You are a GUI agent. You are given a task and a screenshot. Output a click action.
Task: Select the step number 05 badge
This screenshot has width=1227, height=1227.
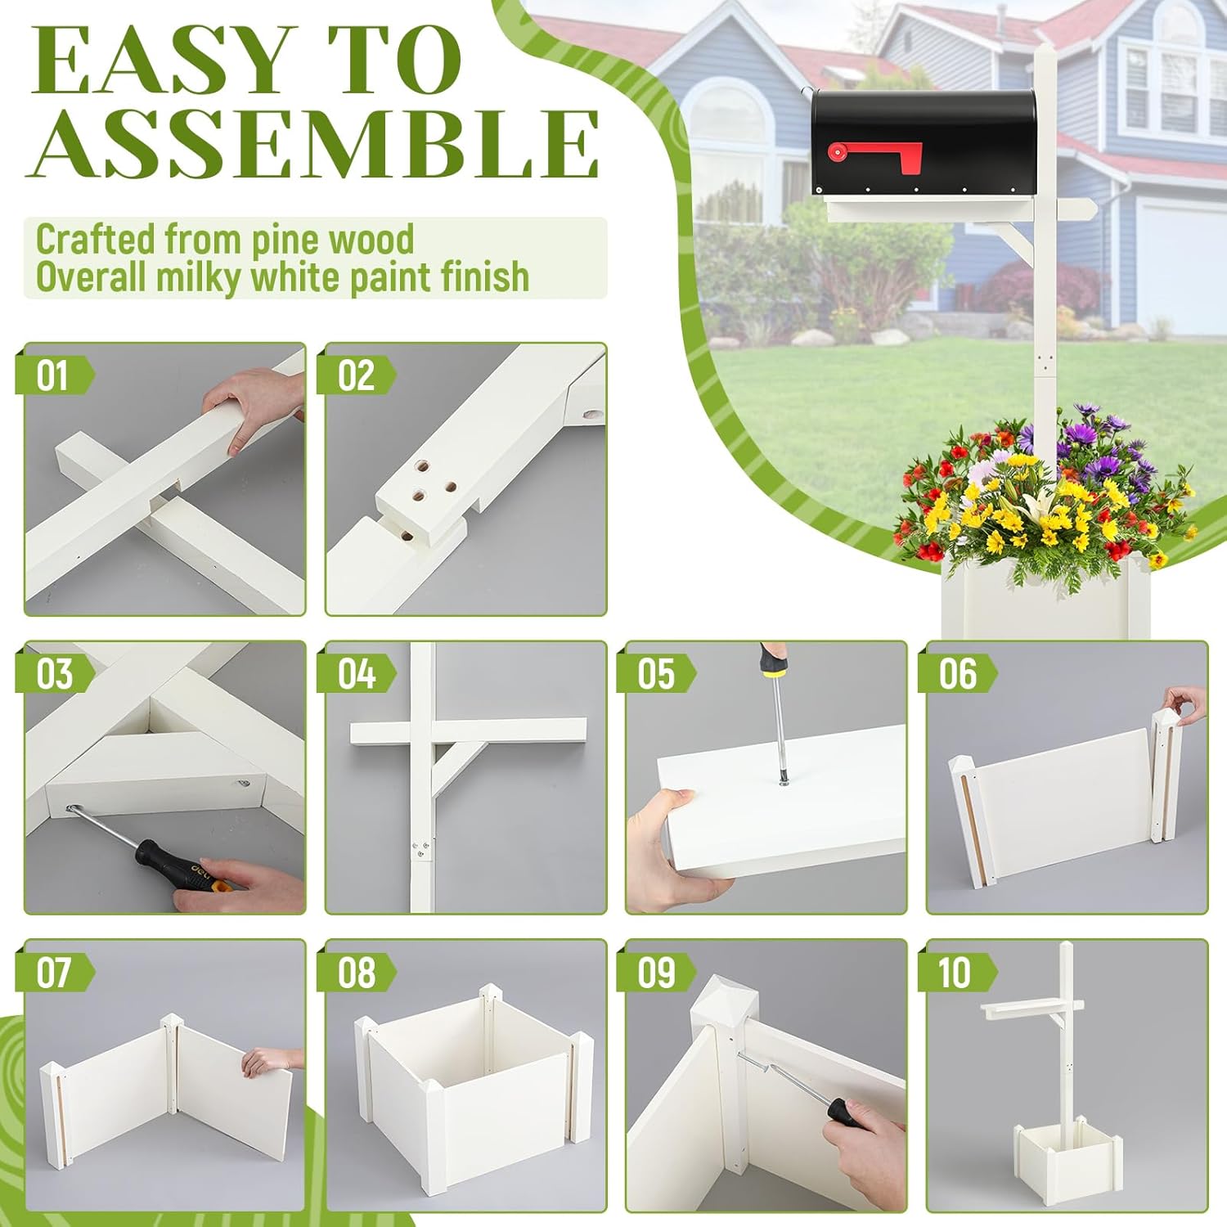pyautogui.click(x=656, y=674)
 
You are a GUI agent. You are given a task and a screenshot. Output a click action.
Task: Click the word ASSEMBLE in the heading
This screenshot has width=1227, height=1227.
pyautogui.click(x=315, y=144)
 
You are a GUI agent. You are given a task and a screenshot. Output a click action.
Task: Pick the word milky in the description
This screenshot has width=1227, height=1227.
pyautogui.click(x=200, y=276)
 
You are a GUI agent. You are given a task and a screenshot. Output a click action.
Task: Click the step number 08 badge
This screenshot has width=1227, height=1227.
pyautogui.click(x=356, y=973)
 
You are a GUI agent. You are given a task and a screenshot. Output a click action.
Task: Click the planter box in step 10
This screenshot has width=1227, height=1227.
pyautogui.click(x=1055, y=1157)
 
